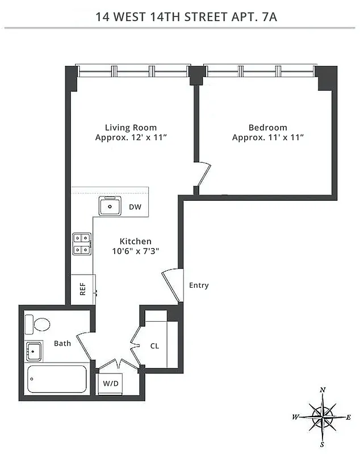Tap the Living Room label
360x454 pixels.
tap(131, 128)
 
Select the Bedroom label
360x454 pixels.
tap(267, 128)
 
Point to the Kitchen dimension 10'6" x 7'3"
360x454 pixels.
tap(131, 251)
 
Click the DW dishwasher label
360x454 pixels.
tap(135, 207)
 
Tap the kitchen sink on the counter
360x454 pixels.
tap(110, 207)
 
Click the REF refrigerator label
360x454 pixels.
tap(83, 290)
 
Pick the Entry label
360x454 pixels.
tap(199, 285)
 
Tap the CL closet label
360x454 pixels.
tap(154, 346)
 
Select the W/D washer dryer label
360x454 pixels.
tap(111, 384)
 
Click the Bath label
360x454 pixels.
tap(62, 343)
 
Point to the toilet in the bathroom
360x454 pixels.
tap(39, 325)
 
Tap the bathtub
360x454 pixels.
tap(57, 379)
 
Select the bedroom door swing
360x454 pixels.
tap(203, 174)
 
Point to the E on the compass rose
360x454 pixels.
tap(348, 417)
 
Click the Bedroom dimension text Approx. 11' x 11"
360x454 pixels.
tap(267, 138)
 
